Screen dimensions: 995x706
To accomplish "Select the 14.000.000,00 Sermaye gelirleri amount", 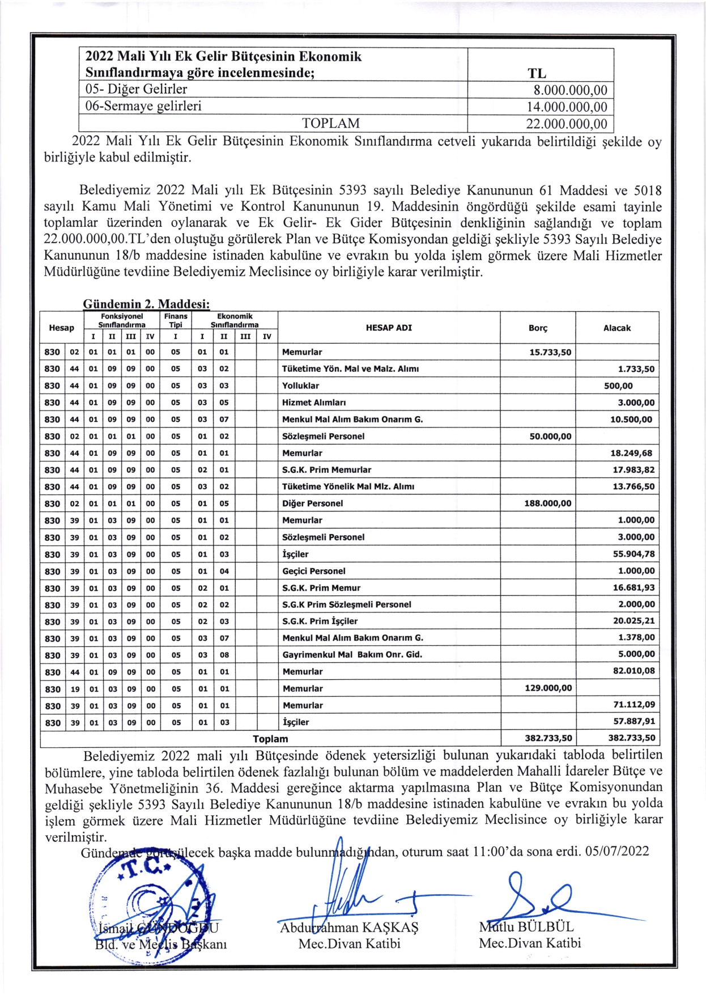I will pyautogui.click(x=566, y=107).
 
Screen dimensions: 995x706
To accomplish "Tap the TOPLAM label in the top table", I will pyautogui.click(x=330, y=124).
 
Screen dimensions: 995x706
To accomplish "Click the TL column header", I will pyautogui.click(x=537, y=73).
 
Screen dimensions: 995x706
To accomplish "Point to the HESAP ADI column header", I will pyautogui.click(x=389, y=328).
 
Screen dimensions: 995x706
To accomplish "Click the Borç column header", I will pyautogui.click(x=537, y=328).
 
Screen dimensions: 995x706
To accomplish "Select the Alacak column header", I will pyautogui.click(x=616, y=328).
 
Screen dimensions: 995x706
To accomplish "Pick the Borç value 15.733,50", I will pyautogui.click(x=550, y=352).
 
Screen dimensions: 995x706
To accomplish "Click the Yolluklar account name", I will pyautogui.click(x=300, y=386).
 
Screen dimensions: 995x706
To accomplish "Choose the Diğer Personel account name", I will pyautogui.click(x=312, y=503).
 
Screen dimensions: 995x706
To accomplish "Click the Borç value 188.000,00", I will pyautogui.click(x=547, y=503).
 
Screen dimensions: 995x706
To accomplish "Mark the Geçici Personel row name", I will pyautogui.click(x=313, y=571).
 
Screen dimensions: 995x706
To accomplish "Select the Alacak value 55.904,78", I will pyautogui.click(x=633, y=554).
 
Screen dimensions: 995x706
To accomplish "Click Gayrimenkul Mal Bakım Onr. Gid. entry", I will pyautogui.click(x=352, y=654).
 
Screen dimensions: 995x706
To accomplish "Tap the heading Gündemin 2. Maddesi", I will pyautogui.click(x=146, y=304).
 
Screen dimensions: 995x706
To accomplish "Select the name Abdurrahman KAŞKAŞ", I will pyautogui.click(x=349, y=928).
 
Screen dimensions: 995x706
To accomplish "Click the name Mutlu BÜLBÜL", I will pyautogui.click(x=526, y=926).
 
